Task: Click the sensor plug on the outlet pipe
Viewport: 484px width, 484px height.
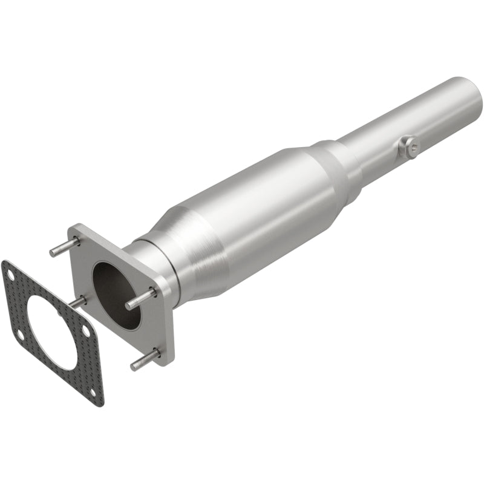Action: click(x=408, y=146)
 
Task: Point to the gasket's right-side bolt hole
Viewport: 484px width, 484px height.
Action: click(x=87, y=332)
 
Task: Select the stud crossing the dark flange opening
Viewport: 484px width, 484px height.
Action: click(x=140, y=300)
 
